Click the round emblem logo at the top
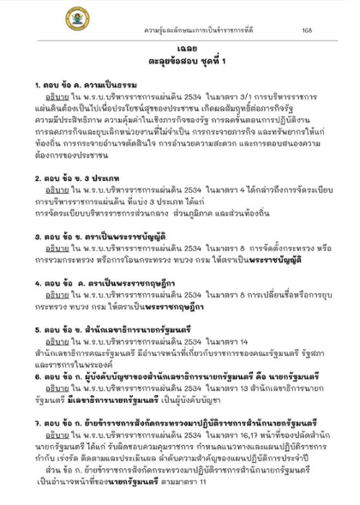(75, 16)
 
